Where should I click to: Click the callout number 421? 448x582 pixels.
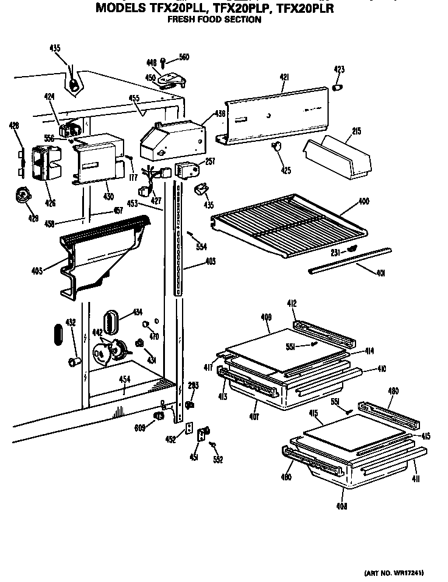284,77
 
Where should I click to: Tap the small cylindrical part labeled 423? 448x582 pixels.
337,88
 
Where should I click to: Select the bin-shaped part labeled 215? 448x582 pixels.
338,155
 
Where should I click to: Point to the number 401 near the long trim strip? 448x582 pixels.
380,273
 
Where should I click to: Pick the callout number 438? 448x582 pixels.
220,114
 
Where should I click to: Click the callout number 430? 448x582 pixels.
108,197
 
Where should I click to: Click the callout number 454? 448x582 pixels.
124,379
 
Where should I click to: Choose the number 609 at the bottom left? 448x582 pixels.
139,429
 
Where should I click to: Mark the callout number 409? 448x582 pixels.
265,317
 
